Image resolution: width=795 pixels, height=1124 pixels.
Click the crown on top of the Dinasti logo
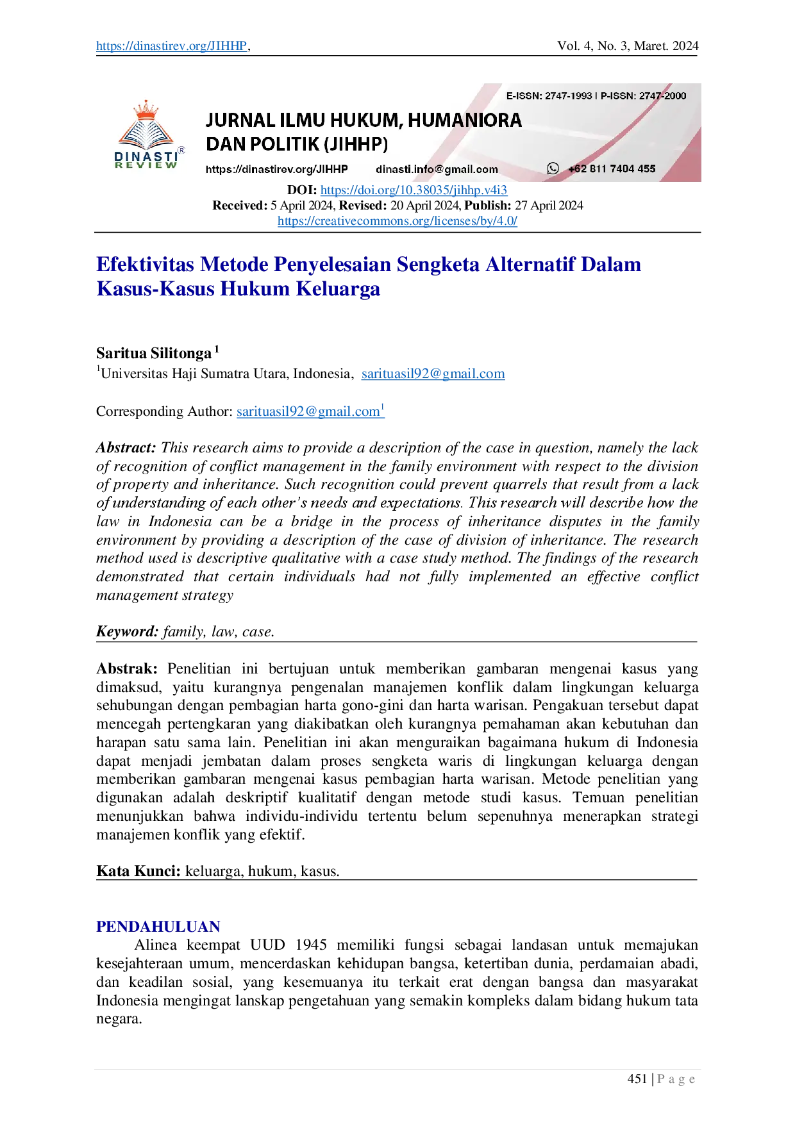click(x=147, y=110)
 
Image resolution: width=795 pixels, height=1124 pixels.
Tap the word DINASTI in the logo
click(x=146, y=156)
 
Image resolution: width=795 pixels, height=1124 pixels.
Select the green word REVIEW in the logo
click(x=146, y=165)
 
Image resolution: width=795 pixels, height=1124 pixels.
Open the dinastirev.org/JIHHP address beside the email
click(x=276, y=169)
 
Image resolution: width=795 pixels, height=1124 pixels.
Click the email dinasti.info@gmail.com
click(x=437, y=169)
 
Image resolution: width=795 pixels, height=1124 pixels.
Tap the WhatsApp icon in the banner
click(x=553, y=169)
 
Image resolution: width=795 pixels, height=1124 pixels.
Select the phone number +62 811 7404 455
click(x=612, y=169)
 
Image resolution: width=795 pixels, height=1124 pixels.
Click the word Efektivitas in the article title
click(x=144, y=264)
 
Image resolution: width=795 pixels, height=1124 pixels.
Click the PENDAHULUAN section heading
click(x=157, y=925)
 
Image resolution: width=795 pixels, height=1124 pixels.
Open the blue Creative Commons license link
click(x=397, y=222)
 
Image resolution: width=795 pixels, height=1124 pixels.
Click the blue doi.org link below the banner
click(x=414, y=190)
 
